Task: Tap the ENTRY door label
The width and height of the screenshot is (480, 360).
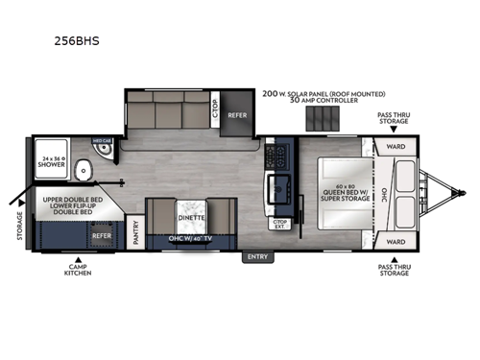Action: pyautogui.click(x=257, y=256)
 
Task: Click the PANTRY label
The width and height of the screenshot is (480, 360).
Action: pyautogui.click(x=135, y=236)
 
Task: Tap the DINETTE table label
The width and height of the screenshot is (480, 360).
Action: pyautogui.click(x=187, y=218)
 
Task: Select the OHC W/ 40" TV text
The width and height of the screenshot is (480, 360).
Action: pyautogui.click(x=188, y=238)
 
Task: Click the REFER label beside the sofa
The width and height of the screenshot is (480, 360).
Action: pyautogui.click(x=237, y=115)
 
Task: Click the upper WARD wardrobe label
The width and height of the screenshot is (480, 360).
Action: pyautogui.click(x=395, y=147)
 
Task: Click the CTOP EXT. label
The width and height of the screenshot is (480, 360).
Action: pyautogui.click(x=280, y=225)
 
